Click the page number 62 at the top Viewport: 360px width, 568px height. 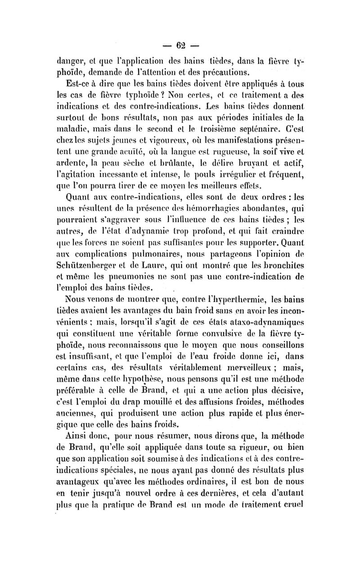pyautogui.click(x=181, y=45)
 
